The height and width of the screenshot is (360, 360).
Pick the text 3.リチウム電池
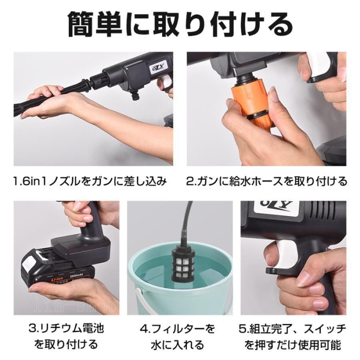click(66, 329)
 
